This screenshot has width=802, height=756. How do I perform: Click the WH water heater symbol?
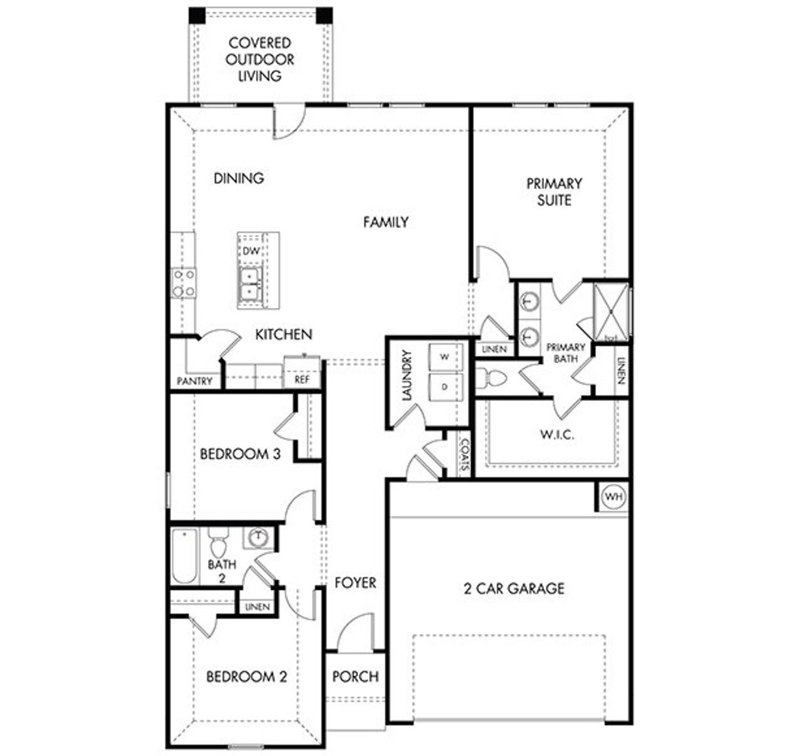point(614,497)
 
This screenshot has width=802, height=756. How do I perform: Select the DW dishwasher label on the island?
point(251,251)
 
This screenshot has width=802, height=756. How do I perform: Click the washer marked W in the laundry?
point(445,357)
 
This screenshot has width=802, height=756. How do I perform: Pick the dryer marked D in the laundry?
point(445,387)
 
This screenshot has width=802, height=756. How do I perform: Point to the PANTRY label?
point(194,381)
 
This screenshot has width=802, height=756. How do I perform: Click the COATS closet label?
point(464,455)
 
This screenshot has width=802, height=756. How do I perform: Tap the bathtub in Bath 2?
point(184,556)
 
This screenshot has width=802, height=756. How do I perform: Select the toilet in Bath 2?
point(219,543)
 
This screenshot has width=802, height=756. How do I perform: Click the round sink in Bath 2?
point(258,537)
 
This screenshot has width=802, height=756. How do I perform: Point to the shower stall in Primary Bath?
point(611,311)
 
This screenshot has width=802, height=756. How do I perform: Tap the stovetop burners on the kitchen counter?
point(184,282)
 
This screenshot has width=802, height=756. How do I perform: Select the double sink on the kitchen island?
point(250,284)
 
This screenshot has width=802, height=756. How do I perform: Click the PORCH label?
point(355,676)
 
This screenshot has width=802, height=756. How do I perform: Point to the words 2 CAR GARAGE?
point(514,588)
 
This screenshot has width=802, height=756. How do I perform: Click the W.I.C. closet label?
point(557,435)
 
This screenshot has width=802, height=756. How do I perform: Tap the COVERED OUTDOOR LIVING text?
point(260,60)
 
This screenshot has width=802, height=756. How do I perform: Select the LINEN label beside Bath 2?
point(258,607)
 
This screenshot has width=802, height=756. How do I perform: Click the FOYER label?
point(355,583)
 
